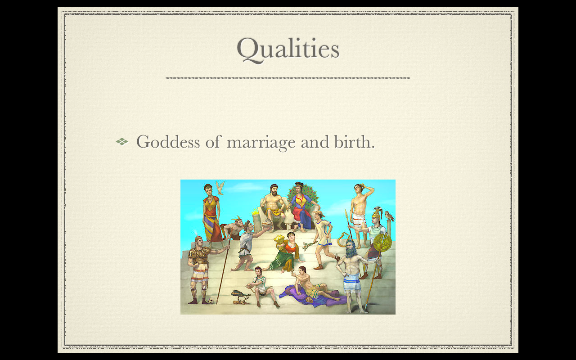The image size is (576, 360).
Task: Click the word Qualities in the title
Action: coord(288,49)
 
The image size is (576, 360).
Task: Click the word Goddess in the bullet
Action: coord(168,142)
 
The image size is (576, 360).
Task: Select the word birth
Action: coord(354,141)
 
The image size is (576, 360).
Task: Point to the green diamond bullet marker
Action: coord(122,141)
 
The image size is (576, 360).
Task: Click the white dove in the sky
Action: coord(220,188)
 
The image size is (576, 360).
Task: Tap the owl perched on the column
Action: coord(389,216)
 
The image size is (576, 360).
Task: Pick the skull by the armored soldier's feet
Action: coord(211,301)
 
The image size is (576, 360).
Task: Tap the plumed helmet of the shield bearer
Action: coord(377,213)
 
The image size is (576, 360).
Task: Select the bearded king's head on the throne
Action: coord(274,190)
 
